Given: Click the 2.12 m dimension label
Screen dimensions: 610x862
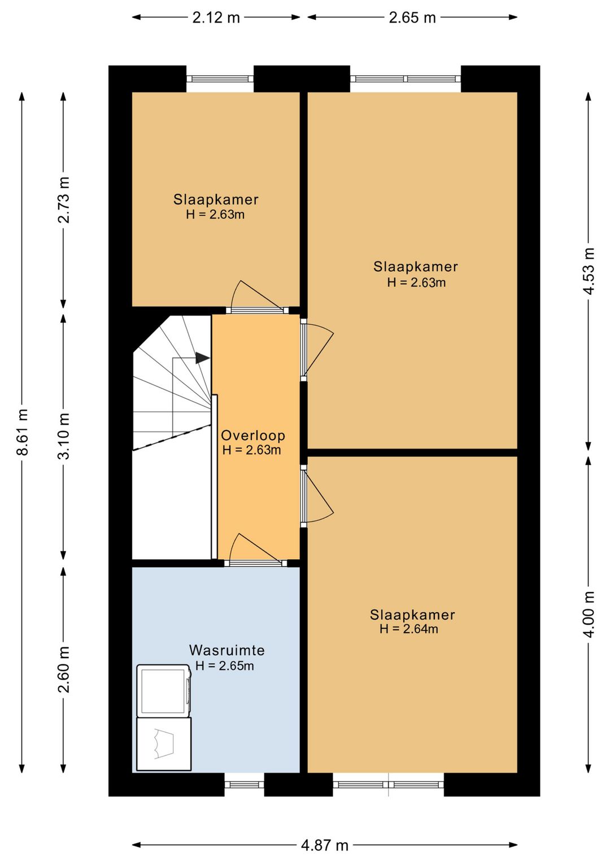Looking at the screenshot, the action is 216,18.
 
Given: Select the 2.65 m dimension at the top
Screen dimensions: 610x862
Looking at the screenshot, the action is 412,18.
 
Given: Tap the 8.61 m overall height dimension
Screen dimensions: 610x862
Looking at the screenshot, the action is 23,432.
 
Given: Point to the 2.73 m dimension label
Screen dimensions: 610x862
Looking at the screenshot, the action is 64,200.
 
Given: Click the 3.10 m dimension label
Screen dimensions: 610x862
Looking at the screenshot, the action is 64,436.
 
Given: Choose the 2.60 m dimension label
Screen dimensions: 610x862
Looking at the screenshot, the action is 64,669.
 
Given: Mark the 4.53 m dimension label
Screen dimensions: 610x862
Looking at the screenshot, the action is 589,271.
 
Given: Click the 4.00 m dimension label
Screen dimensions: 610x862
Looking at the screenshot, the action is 589,614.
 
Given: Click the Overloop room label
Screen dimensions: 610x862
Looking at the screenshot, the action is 253,435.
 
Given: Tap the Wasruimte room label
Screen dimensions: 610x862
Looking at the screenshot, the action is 226,650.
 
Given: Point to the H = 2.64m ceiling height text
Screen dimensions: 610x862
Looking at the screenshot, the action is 409,629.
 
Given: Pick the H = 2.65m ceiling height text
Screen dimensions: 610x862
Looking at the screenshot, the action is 225,666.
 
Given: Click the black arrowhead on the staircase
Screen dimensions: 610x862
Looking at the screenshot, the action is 202,358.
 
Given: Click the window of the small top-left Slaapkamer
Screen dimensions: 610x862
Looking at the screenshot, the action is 220,79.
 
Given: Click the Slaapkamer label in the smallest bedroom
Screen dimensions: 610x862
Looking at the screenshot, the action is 216,199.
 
